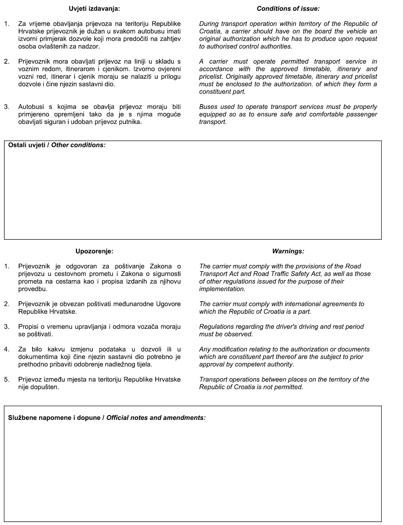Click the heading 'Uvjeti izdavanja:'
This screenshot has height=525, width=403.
(x=94, y=9)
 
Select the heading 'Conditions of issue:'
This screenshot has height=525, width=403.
(x=288, y=9)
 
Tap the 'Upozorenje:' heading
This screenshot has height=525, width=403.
(x=94, y=251)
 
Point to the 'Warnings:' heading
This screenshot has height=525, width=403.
(x=288, y=251)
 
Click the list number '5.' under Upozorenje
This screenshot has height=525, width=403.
(x=7, y=380)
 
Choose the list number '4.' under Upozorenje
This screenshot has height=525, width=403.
(x=7, y=350)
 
